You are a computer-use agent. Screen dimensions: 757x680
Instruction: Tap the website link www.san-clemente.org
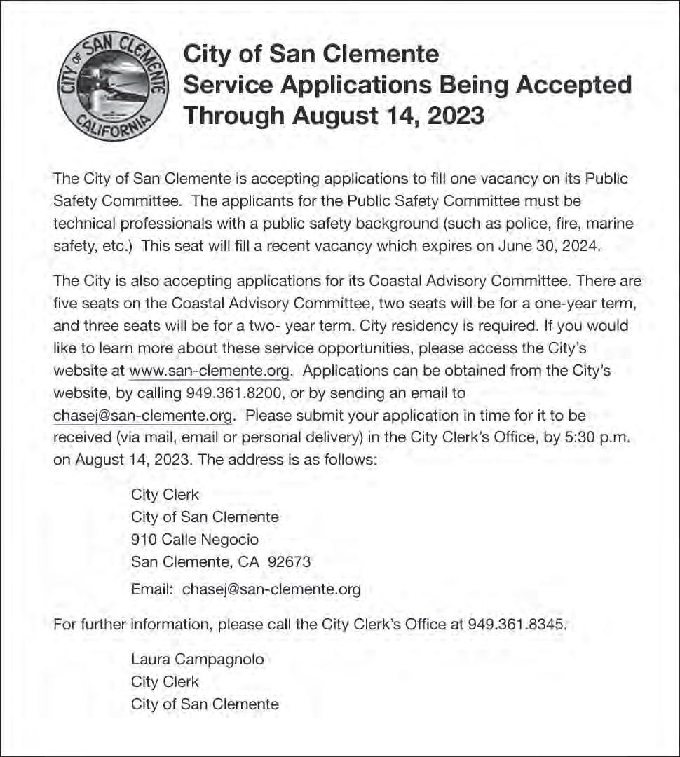click(209, 371)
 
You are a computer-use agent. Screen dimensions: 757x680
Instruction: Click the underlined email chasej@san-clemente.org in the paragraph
click(143, 416)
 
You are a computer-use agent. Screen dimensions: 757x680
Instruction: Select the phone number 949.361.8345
click(516, 623)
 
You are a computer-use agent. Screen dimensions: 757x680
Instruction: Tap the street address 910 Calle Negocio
click(195, 540)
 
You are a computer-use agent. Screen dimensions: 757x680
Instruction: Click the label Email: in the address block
click(152, 589)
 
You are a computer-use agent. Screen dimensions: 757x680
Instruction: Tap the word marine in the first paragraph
click(609, 224)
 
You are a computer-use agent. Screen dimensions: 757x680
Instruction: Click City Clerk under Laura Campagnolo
click(165, 682)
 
